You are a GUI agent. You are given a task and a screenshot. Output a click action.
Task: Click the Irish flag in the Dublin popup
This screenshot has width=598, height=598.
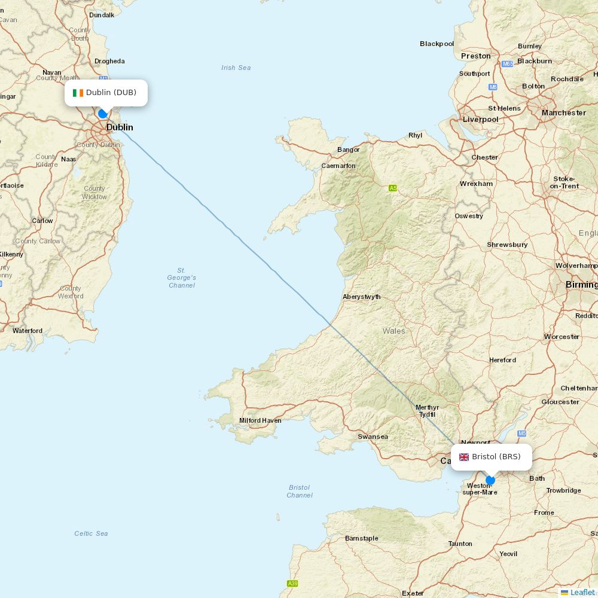(x=78, y=93)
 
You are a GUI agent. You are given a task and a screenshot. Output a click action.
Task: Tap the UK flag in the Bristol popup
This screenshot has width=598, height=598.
(x=464, y=457)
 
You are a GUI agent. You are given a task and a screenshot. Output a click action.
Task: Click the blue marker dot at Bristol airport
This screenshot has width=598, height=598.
(x=490, y=480)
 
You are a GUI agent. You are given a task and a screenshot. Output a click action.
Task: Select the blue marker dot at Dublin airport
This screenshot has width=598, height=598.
(x=103, y=114)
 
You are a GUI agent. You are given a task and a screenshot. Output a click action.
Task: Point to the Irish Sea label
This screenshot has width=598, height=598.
(x=236, y=68)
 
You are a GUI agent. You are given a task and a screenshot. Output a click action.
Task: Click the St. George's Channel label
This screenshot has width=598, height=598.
(x=181, y=278)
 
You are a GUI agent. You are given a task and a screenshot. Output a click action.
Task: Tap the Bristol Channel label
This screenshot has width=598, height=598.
(x=299, y=491)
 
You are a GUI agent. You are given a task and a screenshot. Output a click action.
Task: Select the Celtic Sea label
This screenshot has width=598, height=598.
(x=91, y=533)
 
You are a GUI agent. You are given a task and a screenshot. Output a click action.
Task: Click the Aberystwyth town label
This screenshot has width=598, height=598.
(x=361, y=297)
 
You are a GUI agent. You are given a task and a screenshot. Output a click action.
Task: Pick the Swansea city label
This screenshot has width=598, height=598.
(x=373, y=437)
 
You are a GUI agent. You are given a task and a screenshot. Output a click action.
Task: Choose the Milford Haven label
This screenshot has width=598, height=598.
(x=260, y=420)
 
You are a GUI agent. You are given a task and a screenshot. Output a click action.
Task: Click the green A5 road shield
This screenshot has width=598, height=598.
(x=393, y=188)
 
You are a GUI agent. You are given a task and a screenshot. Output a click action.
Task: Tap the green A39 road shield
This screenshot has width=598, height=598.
(x=292, y=584)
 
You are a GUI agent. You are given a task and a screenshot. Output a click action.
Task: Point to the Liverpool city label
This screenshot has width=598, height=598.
(x=480, y=120)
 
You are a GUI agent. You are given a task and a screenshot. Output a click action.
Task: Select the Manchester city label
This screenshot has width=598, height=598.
(x=563, y=112)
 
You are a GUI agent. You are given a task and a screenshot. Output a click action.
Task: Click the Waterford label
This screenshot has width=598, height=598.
(x=28, y=331)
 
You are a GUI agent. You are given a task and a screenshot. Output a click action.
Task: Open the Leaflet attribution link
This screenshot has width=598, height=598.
(x=582, y=592)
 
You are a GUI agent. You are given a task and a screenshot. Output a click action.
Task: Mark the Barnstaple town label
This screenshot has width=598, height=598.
(x=361, y=538)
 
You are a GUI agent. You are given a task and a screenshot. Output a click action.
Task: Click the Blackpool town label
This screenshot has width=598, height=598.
(x=437, y=44)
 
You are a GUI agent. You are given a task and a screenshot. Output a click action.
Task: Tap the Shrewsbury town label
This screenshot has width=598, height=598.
(x=507, y=245)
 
